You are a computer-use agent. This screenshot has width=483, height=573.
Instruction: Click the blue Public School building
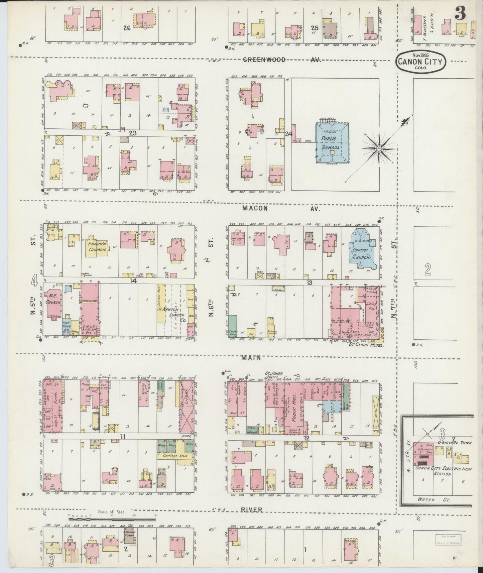point(332,143)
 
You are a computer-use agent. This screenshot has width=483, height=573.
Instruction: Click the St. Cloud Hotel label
point(365,344)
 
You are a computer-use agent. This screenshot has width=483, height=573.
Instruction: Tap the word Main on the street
point(251,358)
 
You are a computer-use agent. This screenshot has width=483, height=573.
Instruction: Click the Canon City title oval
point(421,61)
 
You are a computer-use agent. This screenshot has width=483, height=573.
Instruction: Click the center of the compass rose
point(379,148)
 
